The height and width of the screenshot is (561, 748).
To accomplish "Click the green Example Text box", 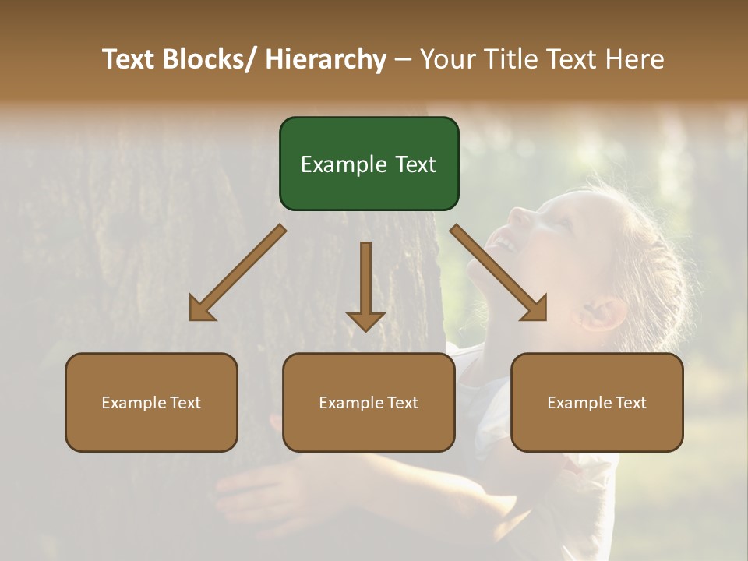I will [x=369, y=164].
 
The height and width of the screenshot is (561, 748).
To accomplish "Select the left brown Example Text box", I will [x=151, y=402].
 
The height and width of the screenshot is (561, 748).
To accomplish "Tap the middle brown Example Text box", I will [x=369, y=402].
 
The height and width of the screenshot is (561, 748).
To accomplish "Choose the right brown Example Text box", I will [x=597, y=402].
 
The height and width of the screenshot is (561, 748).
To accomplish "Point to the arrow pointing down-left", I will [x=238, y=273].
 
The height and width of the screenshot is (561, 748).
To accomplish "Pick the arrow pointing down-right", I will [x=499, y=273].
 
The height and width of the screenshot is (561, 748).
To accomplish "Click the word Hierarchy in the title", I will [x=326, y=59].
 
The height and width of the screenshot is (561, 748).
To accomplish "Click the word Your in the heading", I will [x=446, y=59].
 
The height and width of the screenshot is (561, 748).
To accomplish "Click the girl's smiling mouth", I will [x=506, y=243].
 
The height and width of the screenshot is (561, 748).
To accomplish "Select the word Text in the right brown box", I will [x=630, y=403].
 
